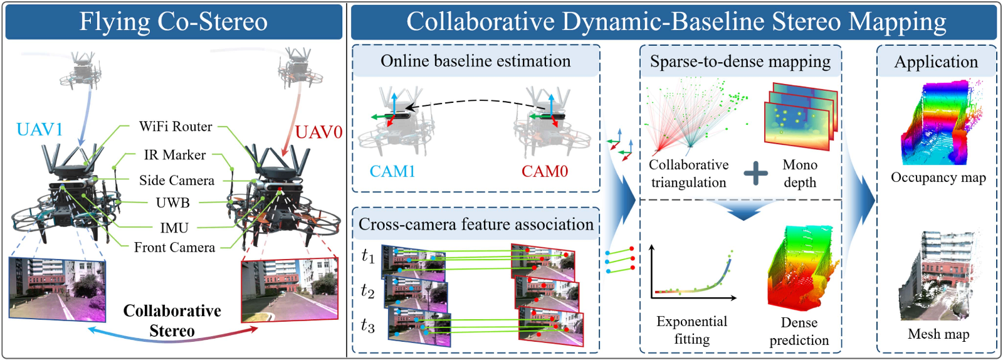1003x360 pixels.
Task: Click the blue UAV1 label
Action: (39, 130)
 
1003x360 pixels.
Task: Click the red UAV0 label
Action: (318, 132)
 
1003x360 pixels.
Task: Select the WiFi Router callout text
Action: (176, 127)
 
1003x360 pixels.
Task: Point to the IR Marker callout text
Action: (174, 155)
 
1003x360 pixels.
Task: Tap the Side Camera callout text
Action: (176, 181)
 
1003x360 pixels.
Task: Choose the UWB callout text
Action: (172, 203)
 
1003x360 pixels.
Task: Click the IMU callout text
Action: (174, 228)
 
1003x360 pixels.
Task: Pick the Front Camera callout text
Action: (174, 248)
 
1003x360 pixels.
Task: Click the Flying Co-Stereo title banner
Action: (174, 22)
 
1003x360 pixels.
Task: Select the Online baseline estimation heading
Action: (475, 61)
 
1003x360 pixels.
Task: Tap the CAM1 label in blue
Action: (392, 172)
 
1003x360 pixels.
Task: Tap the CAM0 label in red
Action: (544, 172)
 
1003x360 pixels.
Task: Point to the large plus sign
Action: (756, 173)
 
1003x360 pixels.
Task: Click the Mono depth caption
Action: (800, 174)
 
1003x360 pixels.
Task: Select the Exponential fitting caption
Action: (691, 330)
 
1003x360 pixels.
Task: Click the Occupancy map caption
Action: (938, 177)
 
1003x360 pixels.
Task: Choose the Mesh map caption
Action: (938, 334)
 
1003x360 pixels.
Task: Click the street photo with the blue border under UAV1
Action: (57, 289)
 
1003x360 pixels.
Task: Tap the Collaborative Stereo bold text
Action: (172, 320)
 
